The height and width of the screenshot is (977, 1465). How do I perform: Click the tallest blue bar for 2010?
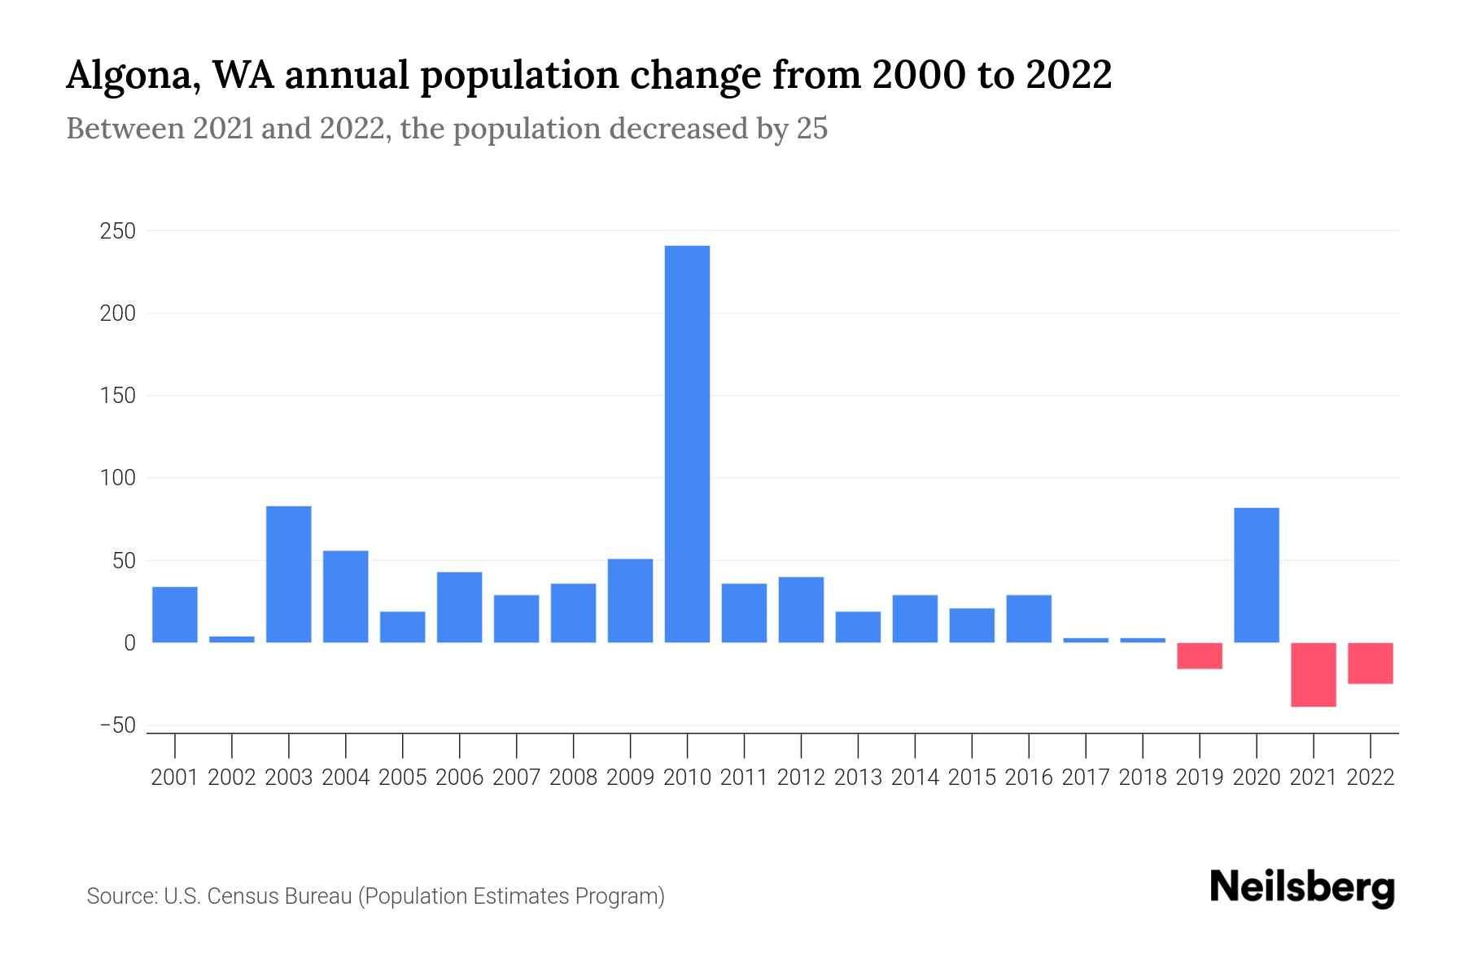pos(687,444)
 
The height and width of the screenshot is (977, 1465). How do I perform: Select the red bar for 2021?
pos(1313,674)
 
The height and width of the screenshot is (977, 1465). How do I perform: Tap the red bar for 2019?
pos(1199,655)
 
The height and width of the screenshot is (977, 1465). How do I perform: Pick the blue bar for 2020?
pos(1256,575)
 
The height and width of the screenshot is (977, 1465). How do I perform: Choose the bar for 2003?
pos(289,574)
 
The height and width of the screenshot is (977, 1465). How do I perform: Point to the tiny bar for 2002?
pos(232,639)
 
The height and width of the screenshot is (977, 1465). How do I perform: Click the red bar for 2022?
pos(1370,663)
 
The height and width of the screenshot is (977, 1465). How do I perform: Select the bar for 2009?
pos(630,600)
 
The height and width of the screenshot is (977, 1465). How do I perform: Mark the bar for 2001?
pos(175,614)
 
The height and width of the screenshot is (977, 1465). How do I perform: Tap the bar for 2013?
pos(858,626)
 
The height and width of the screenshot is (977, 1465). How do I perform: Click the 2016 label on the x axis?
pos(1028,778)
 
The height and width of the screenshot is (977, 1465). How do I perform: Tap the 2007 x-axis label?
pos(516,778)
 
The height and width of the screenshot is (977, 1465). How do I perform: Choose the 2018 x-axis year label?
pos(1142,778)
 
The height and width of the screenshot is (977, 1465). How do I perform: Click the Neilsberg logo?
pos(1302,887)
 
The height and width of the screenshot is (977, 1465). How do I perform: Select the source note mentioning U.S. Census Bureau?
pos(375,896)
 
